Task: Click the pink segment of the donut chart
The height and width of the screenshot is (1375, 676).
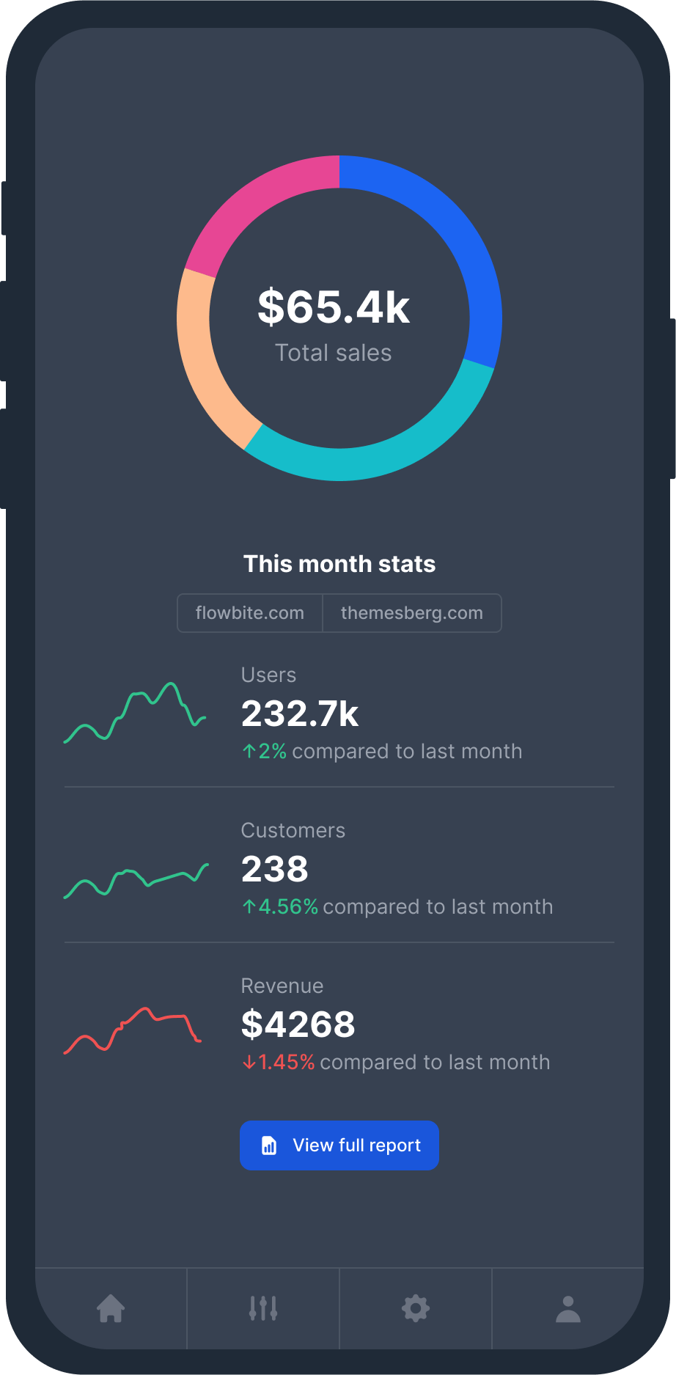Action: tap(257, 202)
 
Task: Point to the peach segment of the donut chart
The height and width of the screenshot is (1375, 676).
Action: tap(202, 352)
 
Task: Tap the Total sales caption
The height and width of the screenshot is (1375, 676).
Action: tap(334, 353)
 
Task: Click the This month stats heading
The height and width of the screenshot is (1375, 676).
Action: tap(339, 564)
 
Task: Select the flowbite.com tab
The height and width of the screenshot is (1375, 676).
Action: tap(250, 613)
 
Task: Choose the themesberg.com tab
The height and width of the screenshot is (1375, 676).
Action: tap(412, 613)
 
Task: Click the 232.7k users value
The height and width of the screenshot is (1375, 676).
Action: tap(300, 714)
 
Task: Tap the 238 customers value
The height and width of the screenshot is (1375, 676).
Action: tap(275, 869)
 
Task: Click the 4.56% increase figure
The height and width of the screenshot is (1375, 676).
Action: tap(287, 907)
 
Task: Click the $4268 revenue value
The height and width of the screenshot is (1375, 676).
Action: tap(298, 1024)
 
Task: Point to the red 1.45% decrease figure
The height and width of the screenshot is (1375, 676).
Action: tap(286, 1063)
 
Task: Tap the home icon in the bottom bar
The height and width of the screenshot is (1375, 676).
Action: tap(111, 1308)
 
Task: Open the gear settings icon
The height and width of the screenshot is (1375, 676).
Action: tap(416, 1308)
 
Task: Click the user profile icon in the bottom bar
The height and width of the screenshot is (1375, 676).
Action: tap(568, 1308)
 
